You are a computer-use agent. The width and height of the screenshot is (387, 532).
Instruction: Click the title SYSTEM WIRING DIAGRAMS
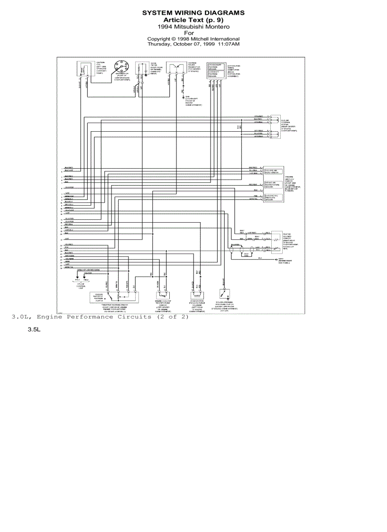click(193, 13)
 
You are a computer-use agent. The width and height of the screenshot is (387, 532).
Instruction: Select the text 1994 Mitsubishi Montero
click(193, 27)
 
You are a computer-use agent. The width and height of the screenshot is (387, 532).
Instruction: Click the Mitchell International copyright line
click(193, 39)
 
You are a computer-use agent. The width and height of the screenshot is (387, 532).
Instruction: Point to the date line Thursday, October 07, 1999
click(193, 44)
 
